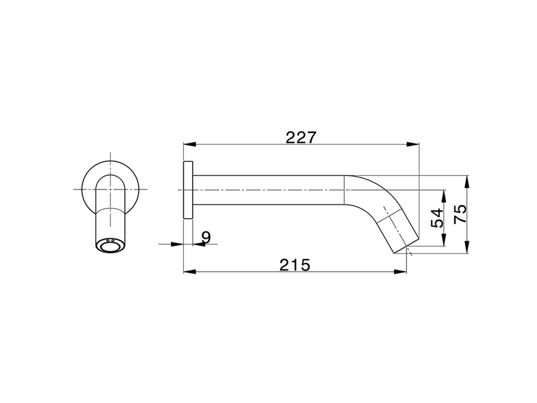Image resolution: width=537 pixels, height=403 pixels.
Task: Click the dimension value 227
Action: pyautogui.click(x=300, y=137)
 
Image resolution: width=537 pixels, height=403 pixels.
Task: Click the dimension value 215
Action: pyautogui.click(x=295, y=265)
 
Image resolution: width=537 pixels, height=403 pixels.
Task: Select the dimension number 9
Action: pyautogui.click(x=206, y=238)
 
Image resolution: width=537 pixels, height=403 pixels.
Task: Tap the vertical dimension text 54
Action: pyautogui.click(x=437, y=218)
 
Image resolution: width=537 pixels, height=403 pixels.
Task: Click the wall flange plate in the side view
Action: pyautogui.click(x=188, y=190)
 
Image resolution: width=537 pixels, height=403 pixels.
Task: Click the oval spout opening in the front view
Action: pyautogui.click(x=110, y=246)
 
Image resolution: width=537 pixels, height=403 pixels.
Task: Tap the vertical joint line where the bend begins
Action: pyautogui.click(x=344, y=190)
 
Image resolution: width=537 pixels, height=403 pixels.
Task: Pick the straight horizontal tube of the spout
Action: pyautogui.click(x=268, y=190)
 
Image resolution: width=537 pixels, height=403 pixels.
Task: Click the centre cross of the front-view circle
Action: pyautogui.click(x=110, y=190)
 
